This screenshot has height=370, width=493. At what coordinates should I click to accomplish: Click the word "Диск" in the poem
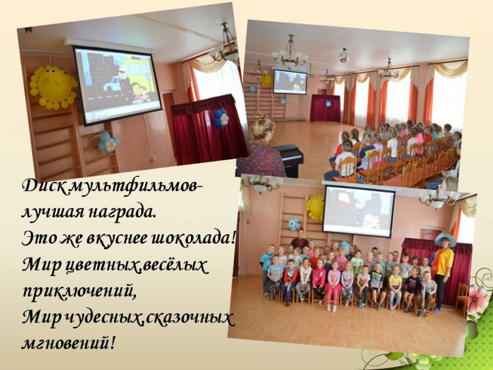(x=44, y=186)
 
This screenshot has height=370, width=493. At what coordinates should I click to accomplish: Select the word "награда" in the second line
(x=121, y=213)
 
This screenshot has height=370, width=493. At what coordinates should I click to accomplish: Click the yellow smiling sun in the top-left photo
(x=54, y=87)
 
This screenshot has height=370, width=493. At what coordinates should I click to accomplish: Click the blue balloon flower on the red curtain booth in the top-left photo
(x=221, y=119)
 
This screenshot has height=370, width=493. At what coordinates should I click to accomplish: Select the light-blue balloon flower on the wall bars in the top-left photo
(x=108, y=142)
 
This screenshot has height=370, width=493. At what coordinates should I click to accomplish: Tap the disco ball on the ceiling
(x=344, y=55)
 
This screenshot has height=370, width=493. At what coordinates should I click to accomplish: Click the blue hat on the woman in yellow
(x=445, y=239)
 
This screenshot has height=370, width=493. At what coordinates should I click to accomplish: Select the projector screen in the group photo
(x=359, y=211)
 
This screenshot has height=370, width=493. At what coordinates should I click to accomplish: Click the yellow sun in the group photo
(x=316, y=207)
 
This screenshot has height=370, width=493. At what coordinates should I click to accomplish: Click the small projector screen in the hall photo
(x=290, y=82)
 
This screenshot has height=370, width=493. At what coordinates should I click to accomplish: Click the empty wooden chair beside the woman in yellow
(x=462, y=298)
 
